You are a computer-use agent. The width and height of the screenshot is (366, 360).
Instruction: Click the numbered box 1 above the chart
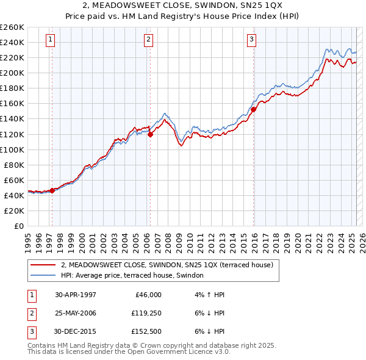click(50, 41)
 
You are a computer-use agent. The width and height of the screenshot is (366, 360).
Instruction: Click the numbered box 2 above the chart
click(148, 41)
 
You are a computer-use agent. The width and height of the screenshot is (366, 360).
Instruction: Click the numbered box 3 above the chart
click(251, 41)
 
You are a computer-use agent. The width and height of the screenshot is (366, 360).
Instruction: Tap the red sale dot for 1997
click(52, 190)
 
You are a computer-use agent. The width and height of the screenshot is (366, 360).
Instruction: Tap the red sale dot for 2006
click(150, 134)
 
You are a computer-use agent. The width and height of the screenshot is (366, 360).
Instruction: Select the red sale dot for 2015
click(253, 109)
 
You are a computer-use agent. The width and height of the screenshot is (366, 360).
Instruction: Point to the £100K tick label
click(12, 149)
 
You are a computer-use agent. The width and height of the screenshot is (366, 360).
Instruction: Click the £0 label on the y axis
click(18, 226)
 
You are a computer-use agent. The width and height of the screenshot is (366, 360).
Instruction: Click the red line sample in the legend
click(43, 265)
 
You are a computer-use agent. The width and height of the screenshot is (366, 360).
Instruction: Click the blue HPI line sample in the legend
click(43, 276)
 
